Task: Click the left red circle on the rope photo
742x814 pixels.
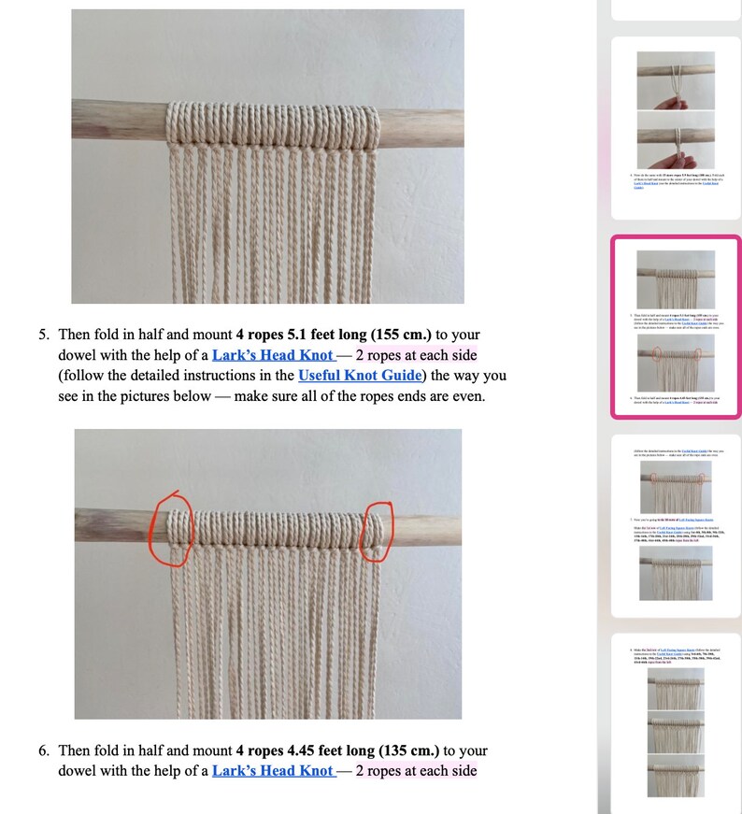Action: tap(173, 528)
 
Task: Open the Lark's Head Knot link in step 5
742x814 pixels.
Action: tap(272, 355)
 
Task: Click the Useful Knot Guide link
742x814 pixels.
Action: tap(359, 376)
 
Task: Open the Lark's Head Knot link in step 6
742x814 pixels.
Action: tap(272, 771)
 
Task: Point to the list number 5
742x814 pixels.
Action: tap(43, 335)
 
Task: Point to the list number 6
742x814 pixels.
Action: tap(43, 750)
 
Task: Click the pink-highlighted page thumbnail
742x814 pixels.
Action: tap(676, 326)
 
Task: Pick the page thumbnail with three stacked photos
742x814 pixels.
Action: tap(676, 720)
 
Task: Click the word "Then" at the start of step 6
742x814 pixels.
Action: tap(76, 750)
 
